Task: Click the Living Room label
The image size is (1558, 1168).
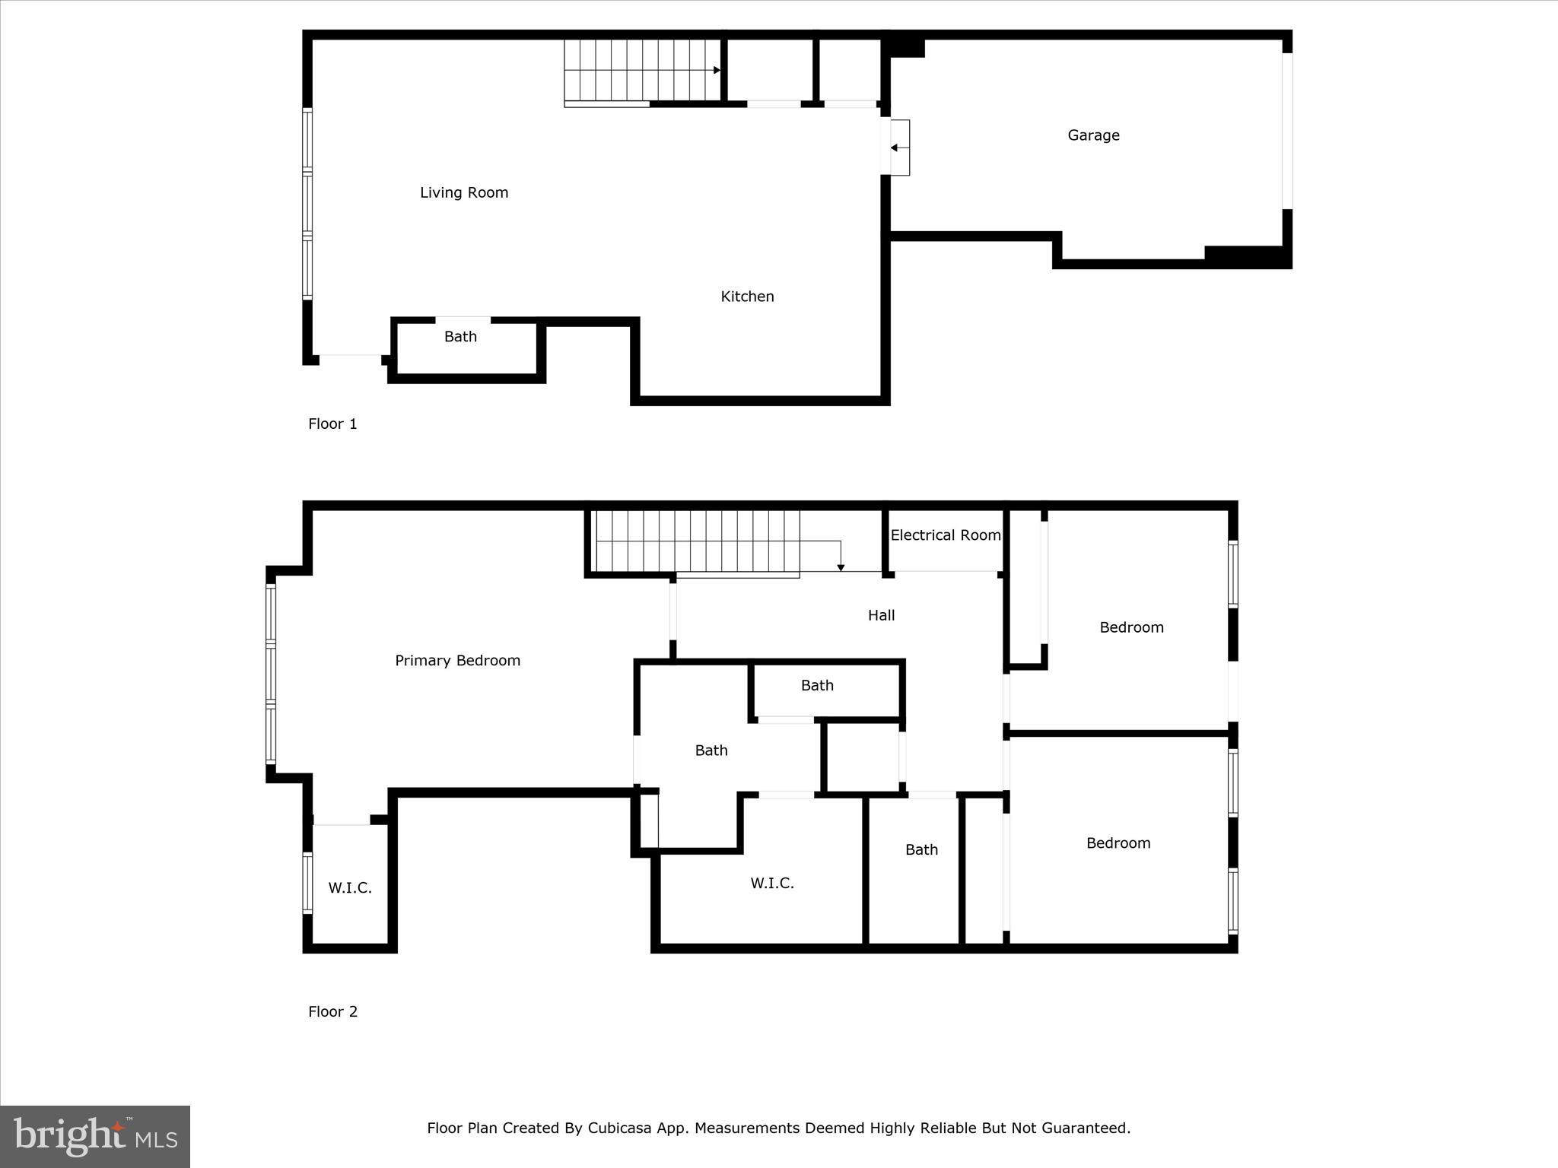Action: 464,192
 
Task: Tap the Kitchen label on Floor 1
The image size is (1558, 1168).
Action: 747,297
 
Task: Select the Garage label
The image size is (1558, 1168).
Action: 1093,135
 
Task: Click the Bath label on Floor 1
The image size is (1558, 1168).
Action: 460,336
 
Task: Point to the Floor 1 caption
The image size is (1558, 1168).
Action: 332,424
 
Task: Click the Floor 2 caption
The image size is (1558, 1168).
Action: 332,1011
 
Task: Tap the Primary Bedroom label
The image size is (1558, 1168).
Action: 457,661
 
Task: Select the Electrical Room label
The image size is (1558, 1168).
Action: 945,535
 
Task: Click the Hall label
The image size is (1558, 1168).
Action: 881,615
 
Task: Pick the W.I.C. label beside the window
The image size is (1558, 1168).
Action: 350,887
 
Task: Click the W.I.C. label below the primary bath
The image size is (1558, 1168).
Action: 772,883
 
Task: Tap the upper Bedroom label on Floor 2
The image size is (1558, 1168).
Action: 1131,627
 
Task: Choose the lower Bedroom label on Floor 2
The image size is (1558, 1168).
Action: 1118,843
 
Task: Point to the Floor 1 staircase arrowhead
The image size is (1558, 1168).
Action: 717,71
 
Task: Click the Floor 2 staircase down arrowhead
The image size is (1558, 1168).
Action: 841,567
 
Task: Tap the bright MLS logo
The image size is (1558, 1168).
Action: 95,1137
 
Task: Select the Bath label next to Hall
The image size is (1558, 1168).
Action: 817,685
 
